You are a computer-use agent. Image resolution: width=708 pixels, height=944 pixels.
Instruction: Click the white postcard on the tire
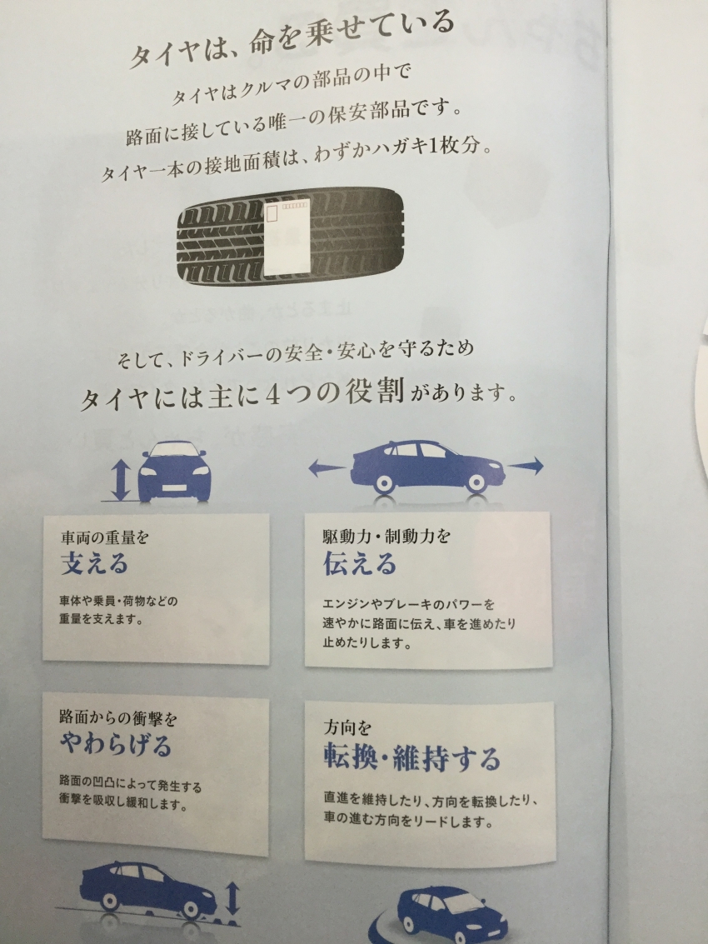tap(287, 237)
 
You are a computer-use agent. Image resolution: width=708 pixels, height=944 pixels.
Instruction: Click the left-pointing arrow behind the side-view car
tap(327, 467)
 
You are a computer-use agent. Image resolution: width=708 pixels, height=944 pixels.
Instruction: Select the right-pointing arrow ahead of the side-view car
tap(526, 465)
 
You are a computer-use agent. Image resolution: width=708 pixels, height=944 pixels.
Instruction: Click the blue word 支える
tap(94, 563)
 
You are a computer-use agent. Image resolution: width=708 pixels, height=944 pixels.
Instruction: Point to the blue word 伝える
tap(360, 564)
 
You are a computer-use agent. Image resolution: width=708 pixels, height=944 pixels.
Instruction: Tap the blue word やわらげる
tap(116, 744)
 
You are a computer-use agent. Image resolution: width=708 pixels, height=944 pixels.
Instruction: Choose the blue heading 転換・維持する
tap(411, 758)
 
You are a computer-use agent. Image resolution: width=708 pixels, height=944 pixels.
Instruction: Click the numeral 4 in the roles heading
tap(272, 395)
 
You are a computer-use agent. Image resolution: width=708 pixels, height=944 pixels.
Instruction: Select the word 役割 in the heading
tap(374, 392)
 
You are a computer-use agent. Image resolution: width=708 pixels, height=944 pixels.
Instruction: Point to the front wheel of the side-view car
tap(476, 483)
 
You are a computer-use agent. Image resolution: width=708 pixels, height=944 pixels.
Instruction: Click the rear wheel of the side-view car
tap(383, 483)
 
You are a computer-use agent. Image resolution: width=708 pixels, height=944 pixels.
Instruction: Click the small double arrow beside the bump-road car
tap(234, 900)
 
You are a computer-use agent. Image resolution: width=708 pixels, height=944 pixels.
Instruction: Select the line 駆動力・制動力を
tap(386, 535)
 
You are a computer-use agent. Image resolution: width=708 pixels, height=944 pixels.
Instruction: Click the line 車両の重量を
tap(105, 537)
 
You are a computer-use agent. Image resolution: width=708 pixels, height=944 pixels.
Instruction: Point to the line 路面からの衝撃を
tap(118, 717)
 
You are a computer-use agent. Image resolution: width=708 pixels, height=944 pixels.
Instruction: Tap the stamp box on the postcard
tap(272, 214)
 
